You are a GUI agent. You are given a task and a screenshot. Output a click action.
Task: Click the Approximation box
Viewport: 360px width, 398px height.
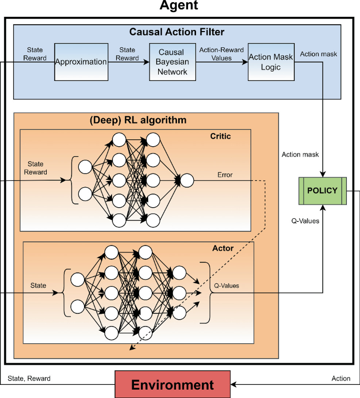click(81, 62)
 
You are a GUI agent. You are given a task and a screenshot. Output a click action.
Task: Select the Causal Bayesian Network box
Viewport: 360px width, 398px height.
click(169, 62)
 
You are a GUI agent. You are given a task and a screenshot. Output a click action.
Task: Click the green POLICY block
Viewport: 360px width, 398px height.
click(322, 190)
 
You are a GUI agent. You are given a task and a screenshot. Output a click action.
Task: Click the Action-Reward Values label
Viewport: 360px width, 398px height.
click(221, 54)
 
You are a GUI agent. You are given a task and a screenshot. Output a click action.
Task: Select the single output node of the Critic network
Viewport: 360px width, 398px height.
click(187, 181)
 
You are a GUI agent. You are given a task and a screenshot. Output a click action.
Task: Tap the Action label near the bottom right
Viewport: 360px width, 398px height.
click(341, 378)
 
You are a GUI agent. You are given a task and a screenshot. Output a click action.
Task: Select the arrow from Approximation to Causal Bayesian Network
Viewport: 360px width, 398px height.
click(128, 62)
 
